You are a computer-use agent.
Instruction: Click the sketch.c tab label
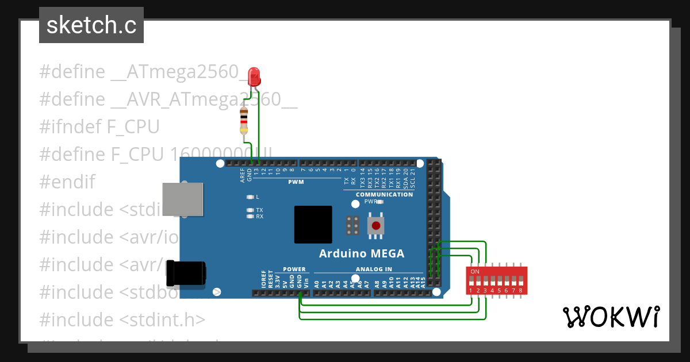91,25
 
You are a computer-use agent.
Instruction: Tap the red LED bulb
254,76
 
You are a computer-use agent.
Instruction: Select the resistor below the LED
244,121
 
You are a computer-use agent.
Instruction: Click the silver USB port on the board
183,200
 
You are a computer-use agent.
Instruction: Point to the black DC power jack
185,273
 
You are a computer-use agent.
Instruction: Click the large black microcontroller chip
313,225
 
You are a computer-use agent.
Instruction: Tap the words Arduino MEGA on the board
362,253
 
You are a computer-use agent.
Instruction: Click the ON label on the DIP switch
475,271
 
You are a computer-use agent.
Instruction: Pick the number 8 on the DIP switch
520,291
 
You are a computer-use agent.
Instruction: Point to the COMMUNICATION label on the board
384,194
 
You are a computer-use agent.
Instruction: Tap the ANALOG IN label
374,269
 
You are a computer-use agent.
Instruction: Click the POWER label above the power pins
294,269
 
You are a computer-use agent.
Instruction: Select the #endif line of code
67,182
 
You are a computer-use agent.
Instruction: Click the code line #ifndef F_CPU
99,126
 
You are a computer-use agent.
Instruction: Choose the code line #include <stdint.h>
122,319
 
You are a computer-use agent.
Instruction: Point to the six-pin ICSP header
352,226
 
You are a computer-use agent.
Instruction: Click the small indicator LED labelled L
250,197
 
